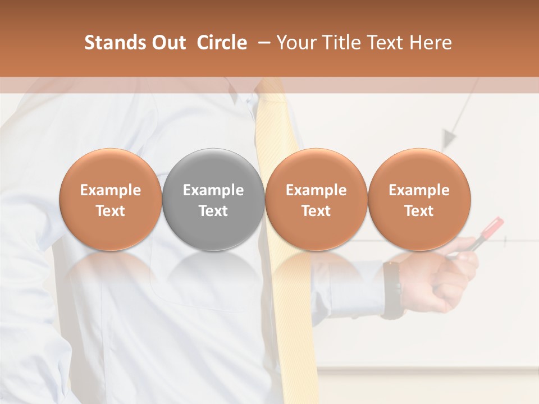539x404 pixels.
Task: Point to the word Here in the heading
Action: (x=431, y=43)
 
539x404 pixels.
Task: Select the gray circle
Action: (x=213, y=199)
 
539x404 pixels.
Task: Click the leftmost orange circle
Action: (x=110, y=199)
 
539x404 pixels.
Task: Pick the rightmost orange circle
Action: (x=419, y=199)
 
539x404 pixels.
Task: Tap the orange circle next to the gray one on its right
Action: (x=316, y=199)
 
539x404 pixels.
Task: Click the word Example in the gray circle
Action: (x=213, y=190)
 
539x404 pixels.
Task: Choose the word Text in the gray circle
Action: (x=213, y=211)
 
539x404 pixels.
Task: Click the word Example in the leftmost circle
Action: (x=110, y=190)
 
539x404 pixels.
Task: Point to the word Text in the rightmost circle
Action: (x=419, y=211)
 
